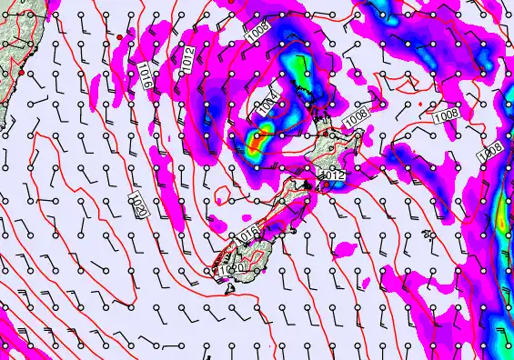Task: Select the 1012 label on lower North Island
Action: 334,175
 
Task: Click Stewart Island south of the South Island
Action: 230,290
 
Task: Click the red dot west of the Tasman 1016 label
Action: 119,37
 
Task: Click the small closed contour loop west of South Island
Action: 221,191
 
